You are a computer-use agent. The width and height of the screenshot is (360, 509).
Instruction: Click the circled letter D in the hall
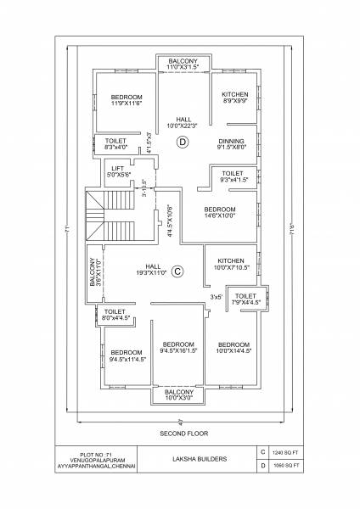(x=181, y=143)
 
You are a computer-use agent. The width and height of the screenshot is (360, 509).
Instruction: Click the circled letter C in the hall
(x=177, y=271)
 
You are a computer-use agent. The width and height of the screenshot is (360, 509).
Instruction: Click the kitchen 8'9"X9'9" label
(x=234, y=98)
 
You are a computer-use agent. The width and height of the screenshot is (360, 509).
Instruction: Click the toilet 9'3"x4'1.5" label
(x=232, y=176)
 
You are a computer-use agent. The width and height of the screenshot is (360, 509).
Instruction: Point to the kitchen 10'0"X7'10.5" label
(x=231, y=265)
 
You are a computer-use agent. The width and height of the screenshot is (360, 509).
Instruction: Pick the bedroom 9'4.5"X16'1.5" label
(x=178, y=346)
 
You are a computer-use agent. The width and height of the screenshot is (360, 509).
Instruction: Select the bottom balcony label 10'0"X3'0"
(x=178, y=394)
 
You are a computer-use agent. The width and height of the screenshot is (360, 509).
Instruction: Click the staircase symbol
(x=112, y=212)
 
